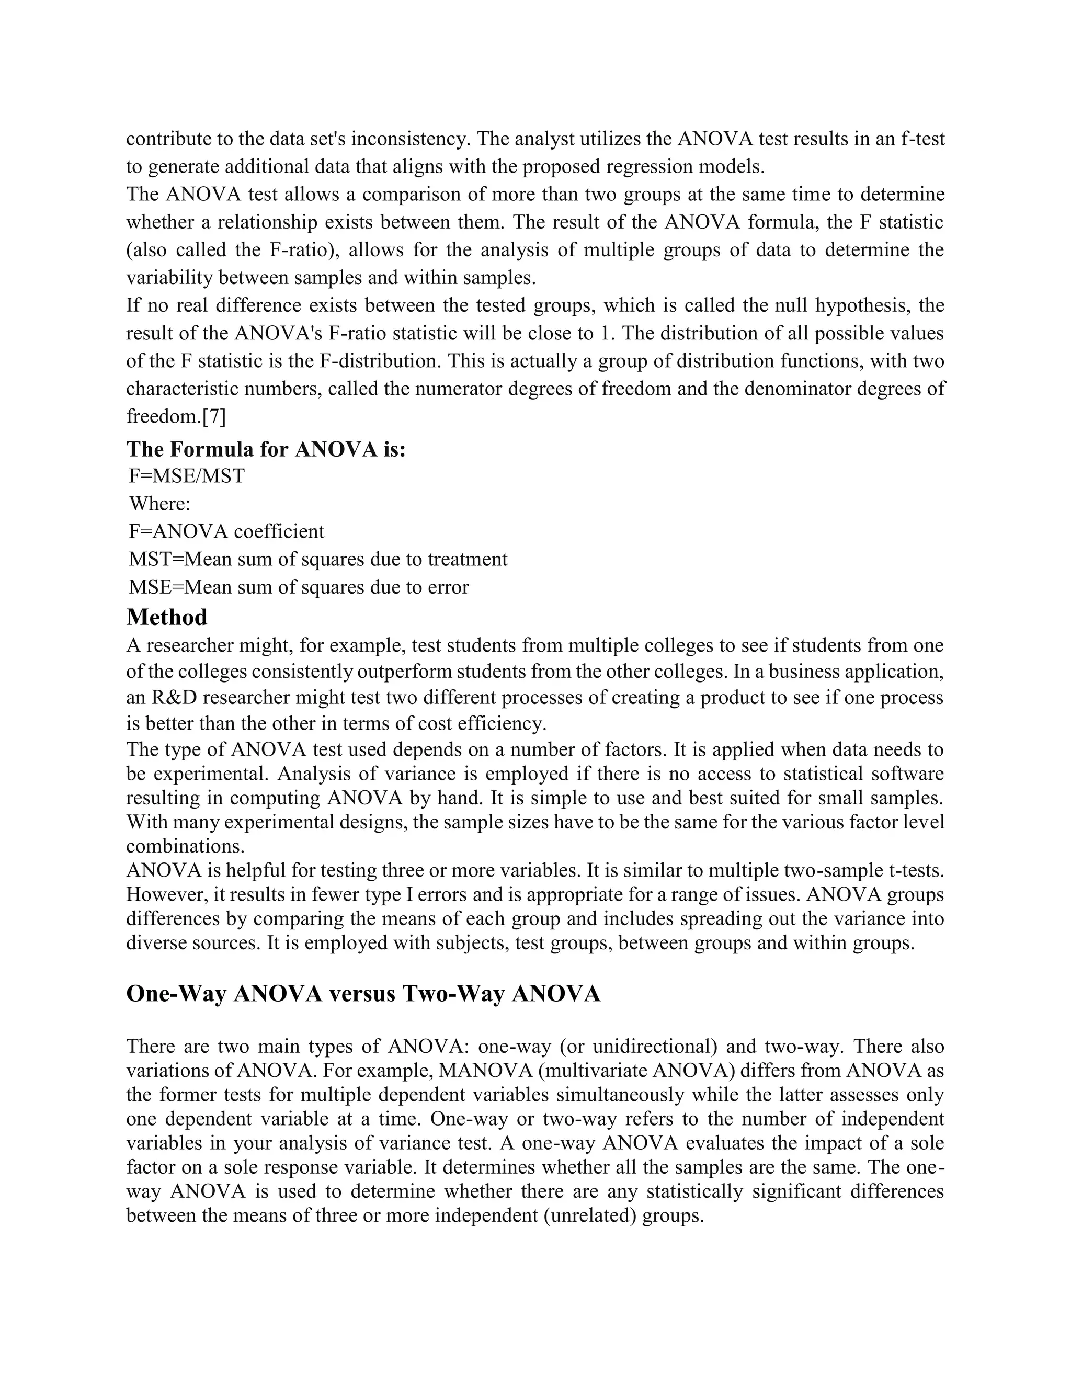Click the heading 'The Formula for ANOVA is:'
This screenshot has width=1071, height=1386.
click(x=266, y=449)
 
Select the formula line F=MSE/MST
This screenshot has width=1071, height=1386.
click(x=187, y=476)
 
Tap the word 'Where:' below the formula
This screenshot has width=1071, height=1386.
click(x=160, y=504)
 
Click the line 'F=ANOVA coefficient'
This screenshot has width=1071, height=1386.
click(x=226, y=531)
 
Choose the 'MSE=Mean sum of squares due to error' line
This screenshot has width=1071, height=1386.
click(x=299, y=587)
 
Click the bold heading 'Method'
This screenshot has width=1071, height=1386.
click(x=167, y=617)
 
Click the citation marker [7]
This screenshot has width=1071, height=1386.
click(x=214, y=416)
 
